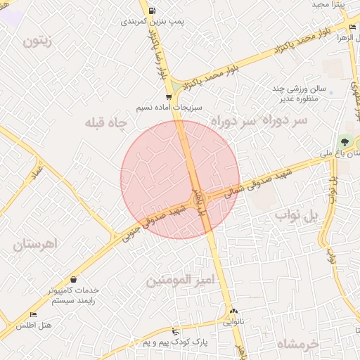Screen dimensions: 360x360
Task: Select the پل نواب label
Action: tap(295, 214)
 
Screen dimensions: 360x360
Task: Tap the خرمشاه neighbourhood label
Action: tap(298, 345)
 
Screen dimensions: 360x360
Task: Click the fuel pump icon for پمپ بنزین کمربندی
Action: tap(153, 11)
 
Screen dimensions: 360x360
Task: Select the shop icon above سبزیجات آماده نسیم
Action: tap(168, 97)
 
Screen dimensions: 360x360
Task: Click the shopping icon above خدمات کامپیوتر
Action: tap(74, 280)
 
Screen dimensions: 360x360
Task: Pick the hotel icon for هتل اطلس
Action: tap(33, 315)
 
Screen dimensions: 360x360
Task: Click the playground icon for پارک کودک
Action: tap(175, 331)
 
